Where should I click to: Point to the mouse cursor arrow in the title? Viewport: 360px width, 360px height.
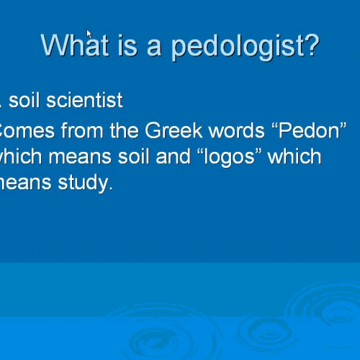click(x=89, y=35)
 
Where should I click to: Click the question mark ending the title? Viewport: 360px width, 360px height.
click(x=310, y=45)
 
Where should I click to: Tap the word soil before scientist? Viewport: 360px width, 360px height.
click(x=24, y=100)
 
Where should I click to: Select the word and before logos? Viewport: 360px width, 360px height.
click(x=172, y=157)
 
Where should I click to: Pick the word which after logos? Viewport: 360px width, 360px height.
click(x=294, y=157)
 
